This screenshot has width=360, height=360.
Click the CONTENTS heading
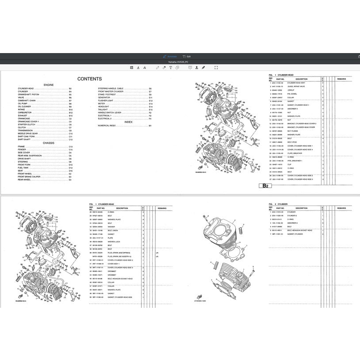(89, 79)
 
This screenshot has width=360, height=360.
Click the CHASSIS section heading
(49, 143)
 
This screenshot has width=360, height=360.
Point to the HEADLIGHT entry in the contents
(103, 107)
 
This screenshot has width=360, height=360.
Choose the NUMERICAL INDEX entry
(107, 126)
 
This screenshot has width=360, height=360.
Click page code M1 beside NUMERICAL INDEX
(150, 126)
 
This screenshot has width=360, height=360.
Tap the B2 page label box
(265, 186)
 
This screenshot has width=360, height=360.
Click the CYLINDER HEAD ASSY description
(296, 83)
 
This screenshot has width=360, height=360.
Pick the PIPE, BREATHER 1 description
(296, 161)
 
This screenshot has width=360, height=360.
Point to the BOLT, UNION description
(113, 230)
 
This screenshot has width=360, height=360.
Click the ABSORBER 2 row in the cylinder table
(292, 223)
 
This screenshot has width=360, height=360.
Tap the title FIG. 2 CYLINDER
(279, 204)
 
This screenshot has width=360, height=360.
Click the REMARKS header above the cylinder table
(341, 208)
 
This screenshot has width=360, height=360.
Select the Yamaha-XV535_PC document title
(180, 62)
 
